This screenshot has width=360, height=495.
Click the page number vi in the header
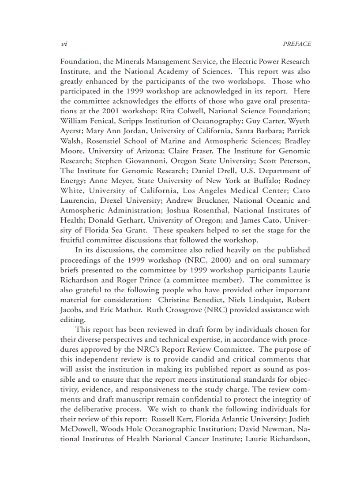64,44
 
